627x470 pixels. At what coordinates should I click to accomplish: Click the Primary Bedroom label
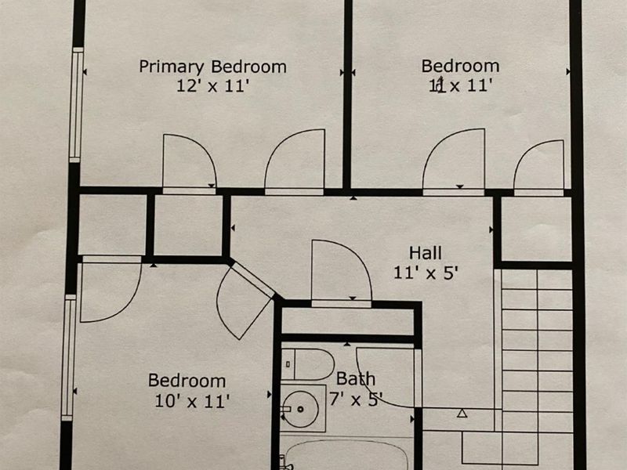point(212,67)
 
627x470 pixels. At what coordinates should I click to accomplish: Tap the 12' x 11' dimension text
point(213,85)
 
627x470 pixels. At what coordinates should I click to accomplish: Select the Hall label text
point(426,253)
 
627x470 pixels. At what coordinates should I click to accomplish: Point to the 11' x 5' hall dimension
point(426,273)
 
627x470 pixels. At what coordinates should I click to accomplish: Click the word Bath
point(356,379)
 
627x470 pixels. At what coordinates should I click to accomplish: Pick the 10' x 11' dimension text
point(192,401)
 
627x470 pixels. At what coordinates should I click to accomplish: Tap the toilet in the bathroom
point(307,364)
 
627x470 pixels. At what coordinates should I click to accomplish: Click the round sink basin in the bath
point(300,409)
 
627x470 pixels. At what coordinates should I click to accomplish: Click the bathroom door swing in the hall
point(341,272)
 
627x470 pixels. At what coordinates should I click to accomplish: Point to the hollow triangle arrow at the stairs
point(462,414)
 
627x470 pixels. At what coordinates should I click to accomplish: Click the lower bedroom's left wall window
point(69,358)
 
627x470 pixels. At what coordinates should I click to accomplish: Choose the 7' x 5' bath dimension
point(356,399)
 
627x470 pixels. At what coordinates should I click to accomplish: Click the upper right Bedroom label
point(460,67)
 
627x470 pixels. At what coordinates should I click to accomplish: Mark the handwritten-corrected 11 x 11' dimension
point(460,85)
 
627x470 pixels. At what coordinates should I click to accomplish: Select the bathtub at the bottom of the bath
point(347,456)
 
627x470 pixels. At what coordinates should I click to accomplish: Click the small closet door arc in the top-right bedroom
point(538,167)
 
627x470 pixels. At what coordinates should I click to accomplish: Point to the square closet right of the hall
point(537,229)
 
